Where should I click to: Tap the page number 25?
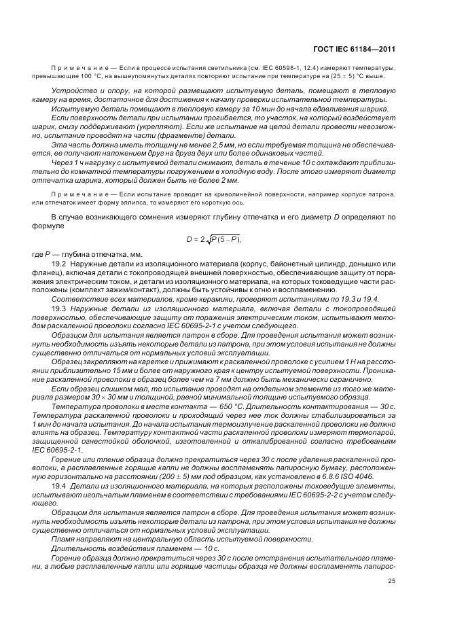click(x=391, y=580)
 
